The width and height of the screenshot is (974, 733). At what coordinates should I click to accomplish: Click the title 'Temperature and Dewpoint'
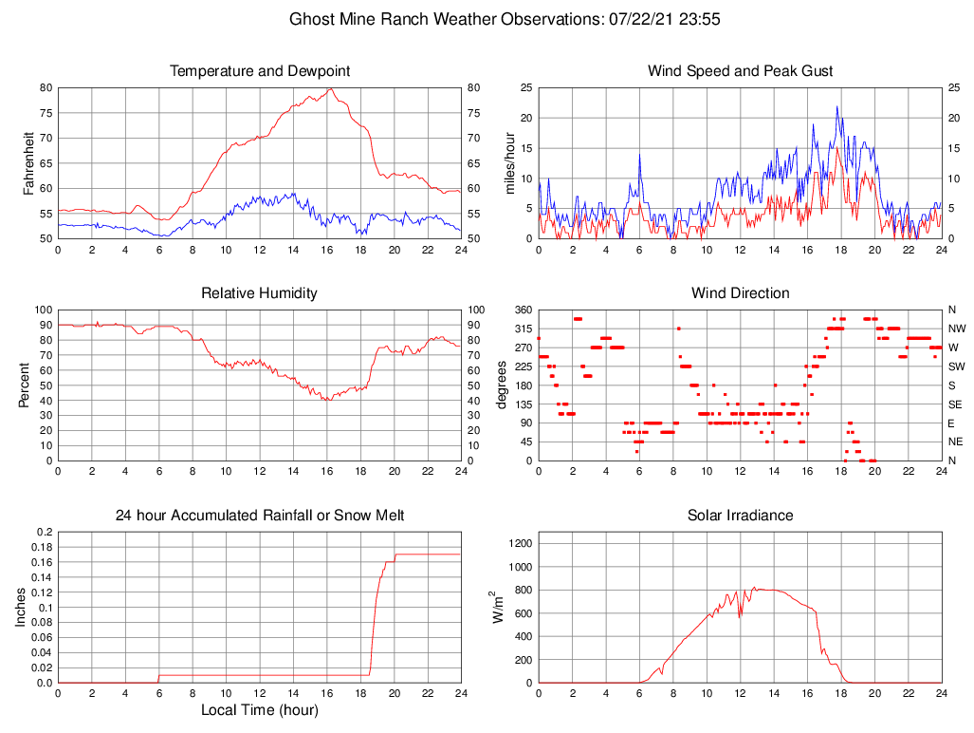(259, 71)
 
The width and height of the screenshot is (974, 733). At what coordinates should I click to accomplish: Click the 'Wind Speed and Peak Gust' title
(740, 71)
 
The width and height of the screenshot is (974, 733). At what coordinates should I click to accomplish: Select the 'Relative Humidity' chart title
(259, 293)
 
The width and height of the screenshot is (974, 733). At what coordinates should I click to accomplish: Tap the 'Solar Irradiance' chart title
(740, 516)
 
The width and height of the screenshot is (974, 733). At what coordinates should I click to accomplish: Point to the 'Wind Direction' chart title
(740, 293)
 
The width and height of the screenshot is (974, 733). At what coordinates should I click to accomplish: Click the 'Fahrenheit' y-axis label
(28, 163)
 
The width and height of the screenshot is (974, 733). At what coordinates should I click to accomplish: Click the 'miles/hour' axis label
(510, 163)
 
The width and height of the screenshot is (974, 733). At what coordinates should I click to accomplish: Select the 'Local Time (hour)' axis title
(259, 710)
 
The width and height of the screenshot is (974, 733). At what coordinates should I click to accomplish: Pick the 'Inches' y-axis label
(22, 608)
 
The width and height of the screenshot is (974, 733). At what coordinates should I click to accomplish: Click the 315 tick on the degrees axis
(523, 329)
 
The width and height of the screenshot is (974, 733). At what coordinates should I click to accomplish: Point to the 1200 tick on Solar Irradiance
(519, 544)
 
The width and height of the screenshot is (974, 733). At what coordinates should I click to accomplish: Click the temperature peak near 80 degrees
(330, 89)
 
